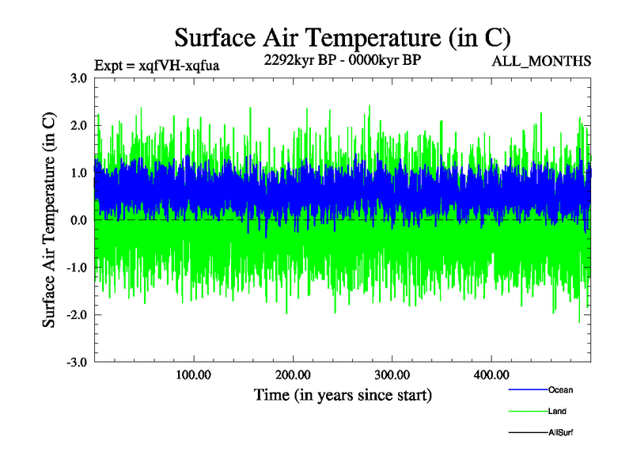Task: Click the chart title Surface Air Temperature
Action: pyautogui.click(x=343, y=37)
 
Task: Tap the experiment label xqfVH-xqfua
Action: pyautogui.click(x=157, y=65)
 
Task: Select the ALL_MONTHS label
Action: pyautogui.click(x=542, y=61)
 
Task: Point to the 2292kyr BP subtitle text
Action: pyautogui.click(x=342, y=60)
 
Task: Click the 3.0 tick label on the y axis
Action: pyautogui.click(x=78, y=78)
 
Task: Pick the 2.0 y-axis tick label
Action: pyautogui.click(x=78, y=125)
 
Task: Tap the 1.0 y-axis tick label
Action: pyautogui.click(x=78, y=173)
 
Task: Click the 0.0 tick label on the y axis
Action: pyautogui.click(x=78, y=220)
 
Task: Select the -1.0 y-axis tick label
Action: pyautogui.click(x=77, y=268)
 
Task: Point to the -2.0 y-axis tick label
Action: pyautogui.click(x=77, y=315)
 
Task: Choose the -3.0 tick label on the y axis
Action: pyautogui.click(x=77, y=363)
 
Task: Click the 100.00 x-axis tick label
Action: pyautogui.click(x=193, y=374)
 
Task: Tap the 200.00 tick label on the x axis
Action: pyautogui.click(x=293, y=374)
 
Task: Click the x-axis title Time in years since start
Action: pyautogui.click(x=343, y=394)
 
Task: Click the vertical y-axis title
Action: pyautogui.click(x=49, y=220)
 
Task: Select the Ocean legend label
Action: pyautogui.click(x=560, y=390)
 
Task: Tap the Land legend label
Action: pyautogui.click(x=557, y=412)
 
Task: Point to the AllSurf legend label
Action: pyautogui.click(x=560, y=433)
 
